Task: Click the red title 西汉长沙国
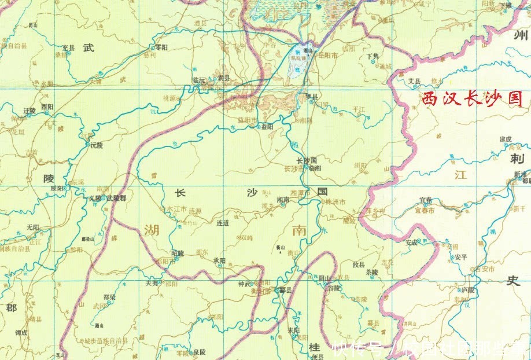[473, 98]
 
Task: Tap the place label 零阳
[161, 47]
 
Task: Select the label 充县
[69, 47]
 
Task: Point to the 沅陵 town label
[96, 145]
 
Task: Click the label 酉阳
[47, 107]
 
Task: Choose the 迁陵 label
[30, 110]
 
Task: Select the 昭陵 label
[178, 253]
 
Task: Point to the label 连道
[223, 222]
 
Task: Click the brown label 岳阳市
[327, 55]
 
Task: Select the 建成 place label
[506, 139]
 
